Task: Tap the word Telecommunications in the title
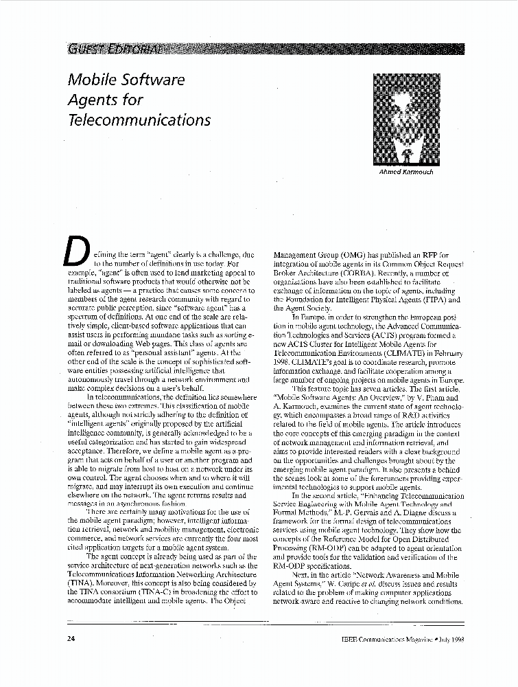(139, 119)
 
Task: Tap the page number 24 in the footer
(71, 638)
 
